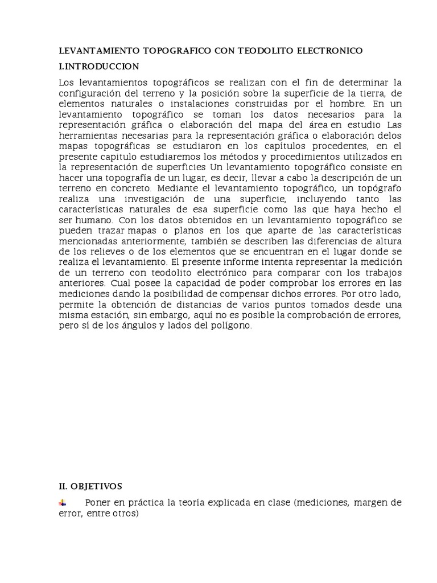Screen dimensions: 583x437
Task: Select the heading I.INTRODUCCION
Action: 99,67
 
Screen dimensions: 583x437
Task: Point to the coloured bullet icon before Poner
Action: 63,503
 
